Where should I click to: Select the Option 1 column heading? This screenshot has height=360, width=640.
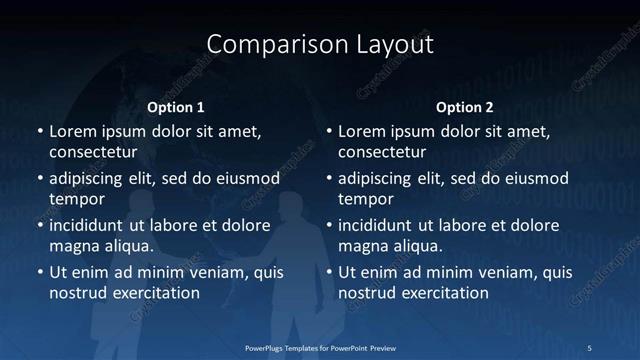click(176, 107)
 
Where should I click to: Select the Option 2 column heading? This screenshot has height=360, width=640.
click(465, 107)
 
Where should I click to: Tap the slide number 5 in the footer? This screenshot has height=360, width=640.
click(589, 347)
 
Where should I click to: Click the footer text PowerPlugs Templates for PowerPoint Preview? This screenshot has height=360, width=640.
click(320, 347)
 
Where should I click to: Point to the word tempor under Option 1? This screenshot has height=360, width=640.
click(76, 199)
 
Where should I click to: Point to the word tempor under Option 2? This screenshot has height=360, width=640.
click(366, 199)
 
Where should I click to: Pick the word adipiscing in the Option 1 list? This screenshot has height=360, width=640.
click(91, 179)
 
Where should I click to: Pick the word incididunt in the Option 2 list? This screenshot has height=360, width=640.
click(382, 225)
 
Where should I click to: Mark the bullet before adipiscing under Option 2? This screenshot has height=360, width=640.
click(328, 179)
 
